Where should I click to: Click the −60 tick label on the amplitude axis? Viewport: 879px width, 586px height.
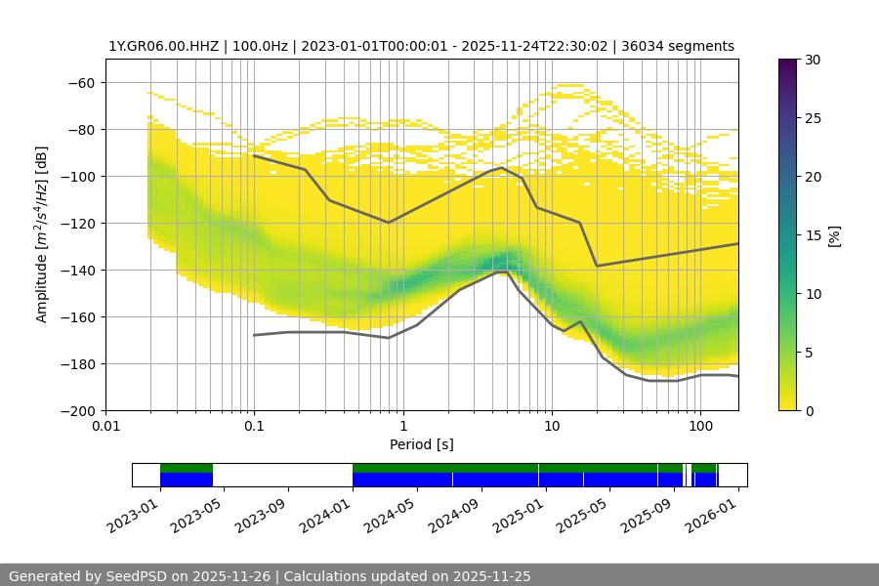pyautogui.click(x=80, y=82)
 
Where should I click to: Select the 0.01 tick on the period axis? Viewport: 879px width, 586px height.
pyautogui.click(x=105, y=426)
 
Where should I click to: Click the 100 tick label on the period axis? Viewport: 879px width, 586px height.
pyautogui.click(x=699, y=426)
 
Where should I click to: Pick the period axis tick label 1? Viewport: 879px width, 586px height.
pyautogui.click(x=402, y=426)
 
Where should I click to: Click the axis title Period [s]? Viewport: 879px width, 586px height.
pyautogui.click(x=421, y=444)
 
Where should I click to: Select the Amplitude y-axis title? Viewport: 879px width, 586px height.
pyautogui.click(x=41, y=234)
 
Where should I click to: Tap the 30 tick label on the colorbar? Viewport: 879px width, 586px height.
pyautogui.click(x=813, y=60)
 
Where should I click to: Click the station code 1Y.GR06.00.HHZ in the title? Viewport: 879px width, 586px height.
pyautogui.click(x=162, y=46)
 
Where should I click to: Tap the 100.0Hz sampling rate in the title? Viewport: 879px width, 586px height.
pyautogui.click(x=262, y=46)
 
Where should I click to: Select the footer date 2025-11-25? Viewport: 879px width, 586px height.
pyautogui.click(x=491, y=576)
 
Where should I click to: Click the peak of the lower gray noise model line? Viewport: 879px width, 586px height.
pyautogui.click(x=505, y=272)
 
